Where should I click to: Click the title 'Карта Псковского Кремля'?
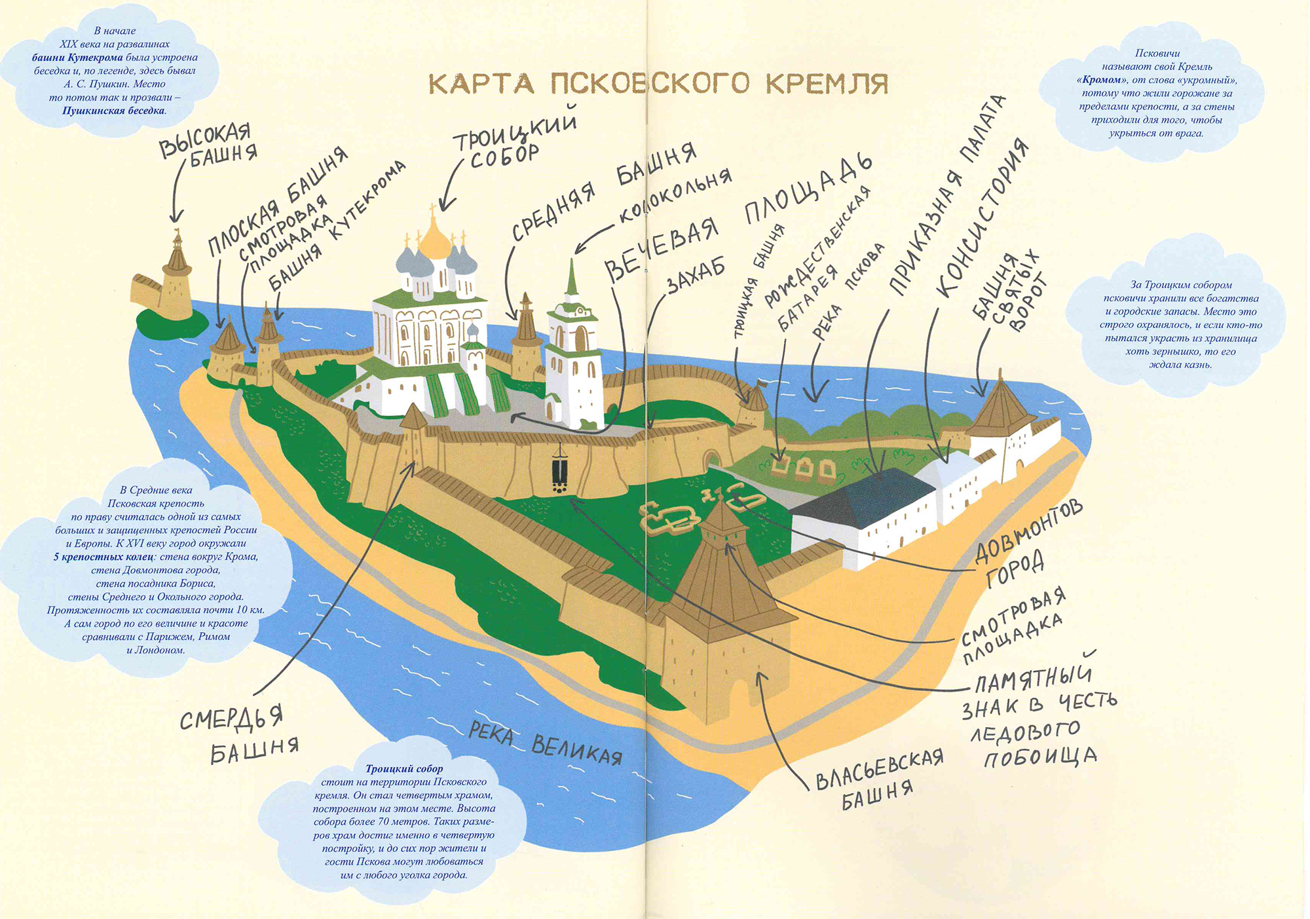pos(658,84)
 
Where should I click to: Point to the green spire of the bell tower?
pos(572,278)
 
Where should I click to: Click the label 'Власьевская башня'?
pos(878,779)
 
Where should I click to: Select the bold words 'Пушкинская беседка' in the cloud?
pos(113,111)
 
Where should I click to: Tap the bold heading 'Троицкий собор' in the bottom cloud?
pos(404,769)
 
